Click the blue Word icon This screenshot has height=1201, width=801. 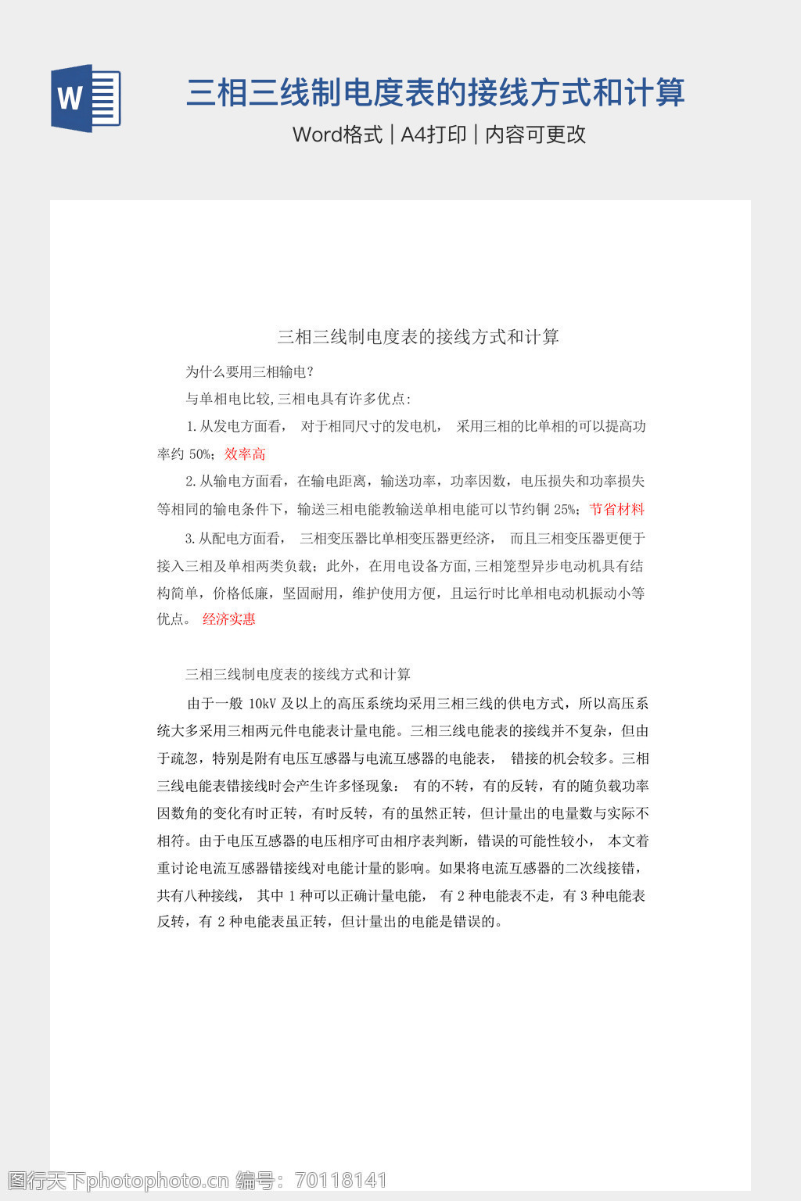85,99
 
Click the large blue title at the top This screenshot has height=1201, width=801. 435,93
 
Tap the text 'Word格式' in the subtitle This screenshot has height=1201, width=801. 337,134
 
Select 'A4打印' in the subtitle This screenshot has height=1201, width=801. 433,134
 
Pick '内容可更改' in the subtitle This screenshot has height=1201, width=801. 536,134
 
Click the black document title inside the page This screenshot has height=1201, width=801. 418,337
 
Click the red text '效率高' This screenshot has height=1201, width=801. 245,454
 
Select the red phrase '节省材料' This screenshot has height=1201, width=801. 617,510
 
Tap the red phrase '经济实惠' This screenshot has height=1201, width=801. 229,619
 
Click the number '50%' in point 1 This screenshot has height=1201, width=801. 200,454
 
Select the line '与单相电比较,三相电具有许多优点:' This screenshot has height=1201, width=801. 298,399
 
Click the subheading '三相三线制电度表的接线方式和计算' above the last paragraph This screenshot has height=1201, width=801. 298,674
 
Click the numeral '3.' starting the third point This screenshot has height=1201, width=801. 190,539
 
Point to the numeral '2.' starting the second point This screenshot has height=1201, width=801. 190,482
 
